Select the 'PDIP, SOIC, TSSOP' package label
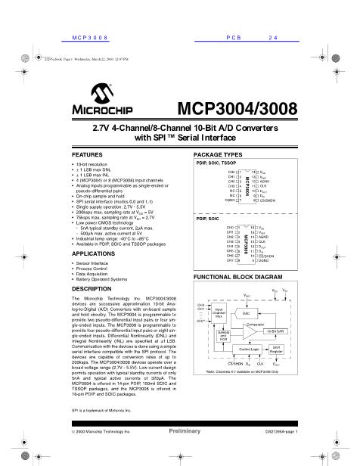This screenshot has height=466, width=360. (x=216, y=163)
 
